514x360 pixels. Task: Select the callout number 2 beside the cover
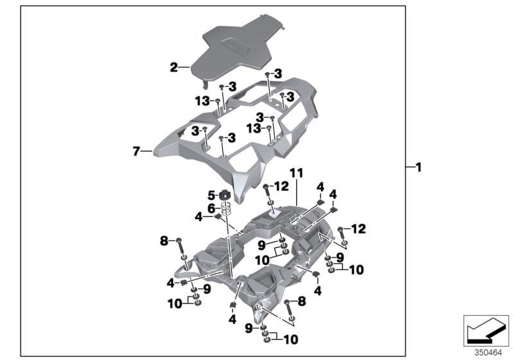pos(173,66)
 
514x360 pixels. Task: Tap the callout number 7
pos(136,152)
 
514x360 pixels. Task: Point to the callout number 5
pos(210,195)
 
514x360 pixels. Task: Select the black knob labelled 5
pos(225,195)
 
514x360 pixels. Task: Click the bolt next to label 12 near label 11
pos(265,190)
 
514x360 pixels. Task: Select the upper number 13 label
pos(202,101)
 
